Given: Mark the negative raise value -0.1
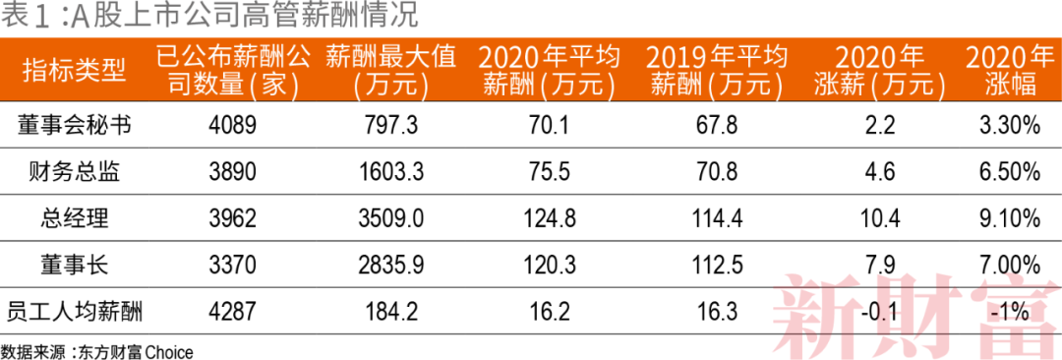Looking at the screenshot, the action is pyautogui.click(x=880, y=312).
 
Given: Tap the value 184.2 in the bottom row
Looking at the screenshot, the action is pyautogui.click(x=390, y=312).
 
